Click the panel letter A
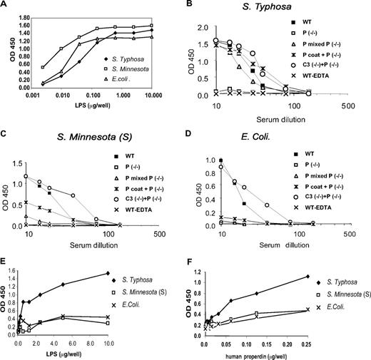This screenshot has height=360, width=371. [6, 6]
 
